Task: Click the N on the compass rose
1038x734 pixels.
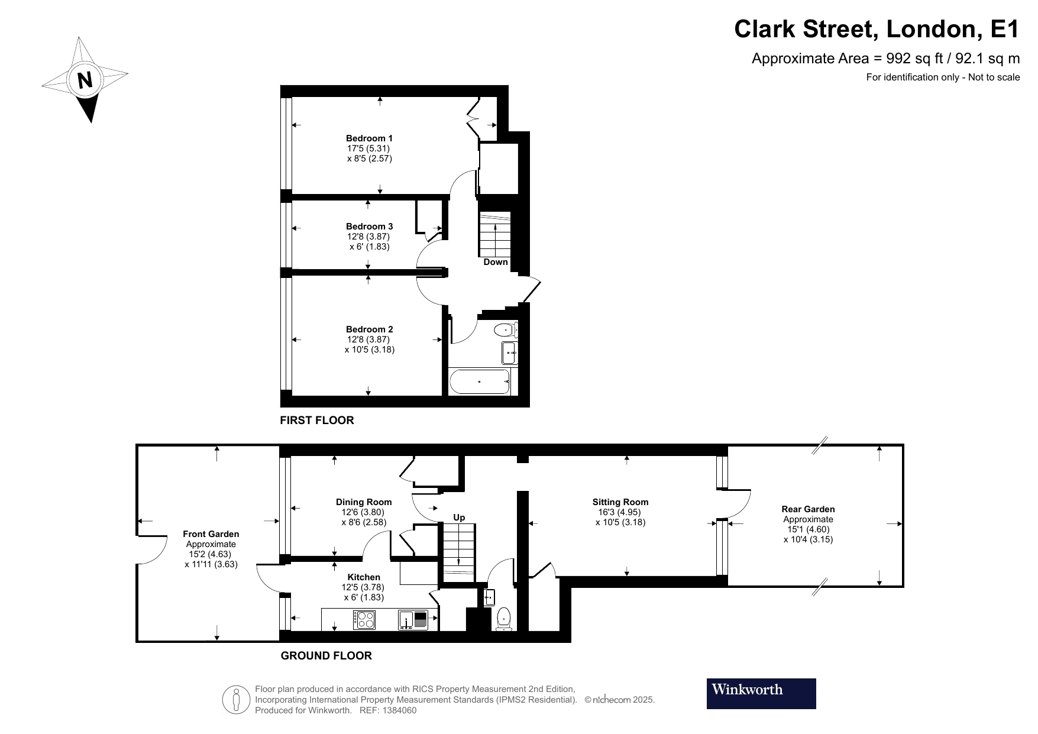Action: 85,79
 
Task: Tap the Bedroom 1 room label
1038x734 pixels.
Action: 369,138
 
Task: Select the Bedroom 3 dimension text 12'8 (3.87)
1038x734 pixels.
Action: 369,237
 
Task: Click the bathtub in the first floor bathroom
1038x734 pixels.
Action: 480,382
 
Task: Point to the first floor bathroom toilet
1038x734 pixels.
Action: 506,330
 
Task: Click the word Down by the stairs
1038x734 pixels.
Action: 495,262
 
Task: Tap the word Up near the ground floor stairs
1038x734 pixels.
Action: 459,518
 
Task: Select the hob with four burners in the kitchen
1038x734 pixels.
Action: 364,619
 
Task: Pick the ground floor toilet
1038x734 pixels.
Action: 504,617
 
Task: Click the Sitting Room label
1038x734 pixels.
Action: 620,502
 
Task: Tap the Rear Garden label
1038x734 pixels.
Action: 808,509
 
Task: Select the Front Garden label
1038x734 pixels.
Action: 211,534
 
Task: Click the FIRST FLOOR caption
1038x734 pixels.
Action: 316,421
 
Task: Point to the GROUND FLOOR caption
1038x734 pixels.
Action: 326,656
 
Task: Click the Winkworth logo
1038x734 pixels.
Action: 761,693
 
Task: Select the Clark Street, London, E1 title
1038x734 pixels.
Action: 877,28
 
